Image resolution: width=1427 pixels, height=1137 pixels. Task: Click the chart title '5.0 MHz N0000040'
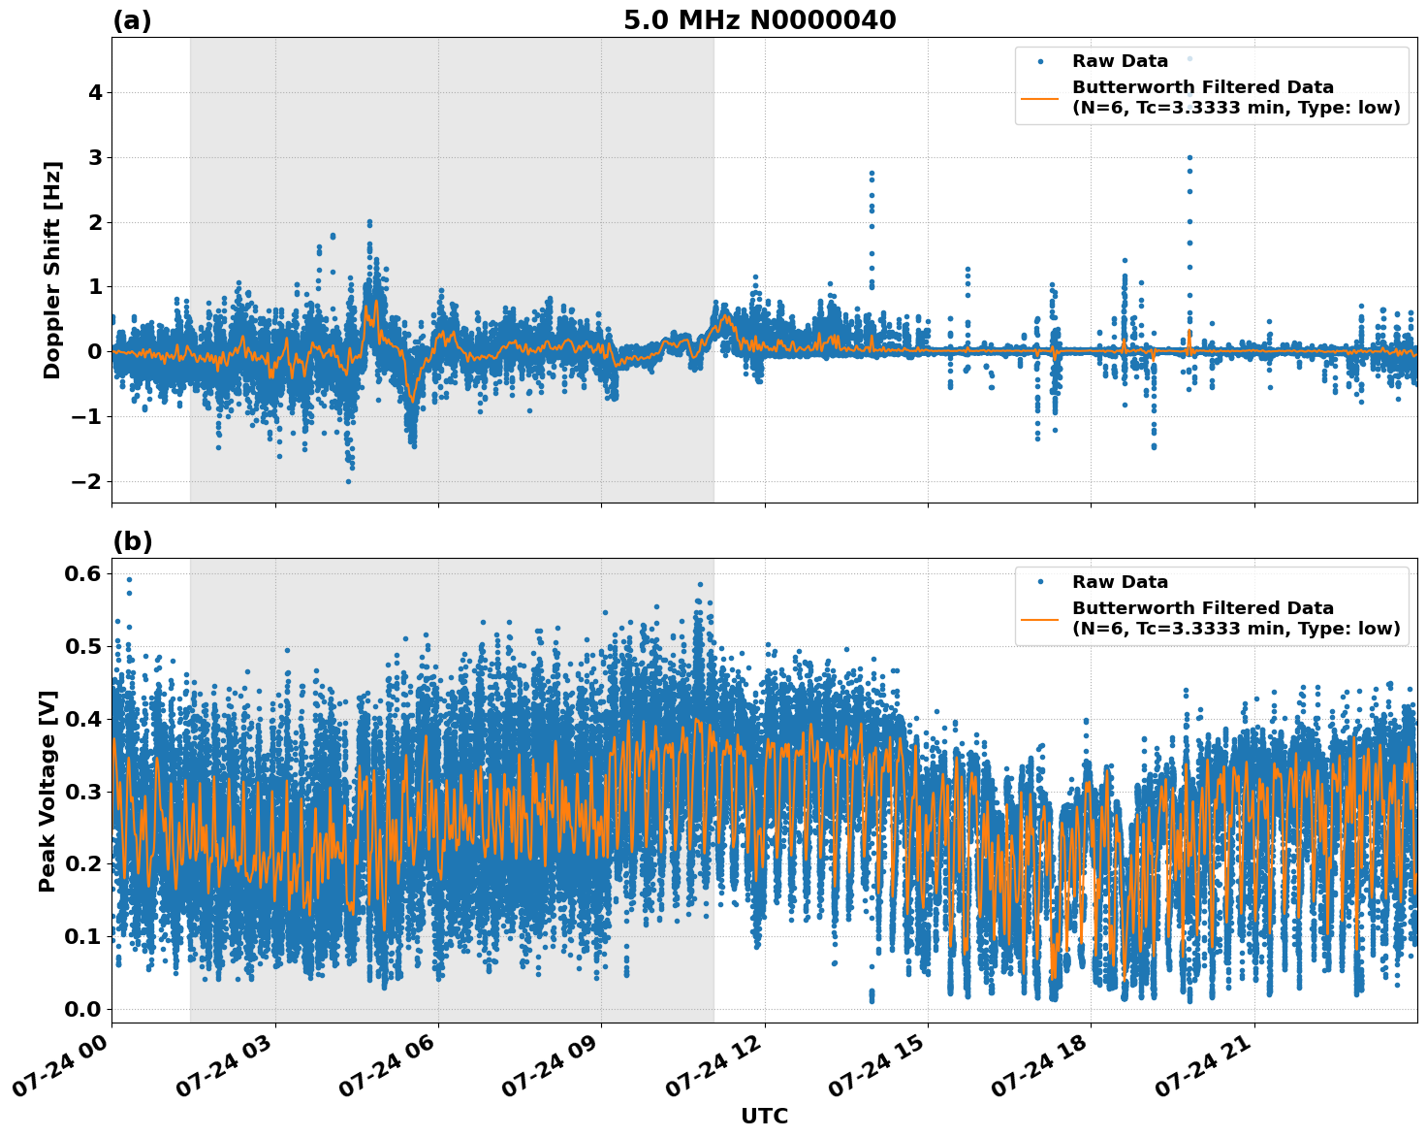coord(759,20)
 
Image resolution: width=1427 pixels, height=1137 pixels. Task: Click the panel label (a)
coord(132,20)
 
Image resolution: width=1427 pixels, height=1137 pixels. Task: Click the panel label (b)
coord(132,541)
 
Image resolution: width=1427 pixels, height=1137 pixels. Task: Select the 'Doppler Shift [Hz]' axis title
coord(52,270)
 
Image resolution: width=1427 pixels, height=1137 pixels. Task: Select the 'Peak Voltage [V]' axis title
coord(48,791)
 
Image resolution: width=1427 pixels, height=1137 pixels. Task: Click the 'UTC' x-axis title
coord(764,1116)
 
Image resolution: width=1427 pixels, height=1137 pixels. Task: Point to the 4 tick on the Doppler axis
coord(95,93)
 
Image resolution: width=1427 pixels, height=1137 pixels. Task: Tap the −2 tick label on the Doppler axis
coord(88,482)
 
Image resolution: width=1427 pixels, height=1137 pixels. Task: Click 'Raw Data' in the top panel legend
coord(1120,61)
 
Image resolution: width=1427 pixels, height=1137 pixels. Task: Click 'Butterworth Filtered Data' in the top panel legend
coord(1202,87)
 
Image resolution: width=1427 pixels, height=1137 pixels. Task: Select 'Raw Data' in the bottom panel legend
coord(1120,582)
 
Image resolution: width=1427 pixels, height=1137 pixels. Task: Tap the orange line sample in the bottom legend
coord(1040,619)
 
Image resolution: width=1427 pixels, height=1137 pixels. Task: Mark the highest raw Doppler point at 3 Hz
coord(1189,157)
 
